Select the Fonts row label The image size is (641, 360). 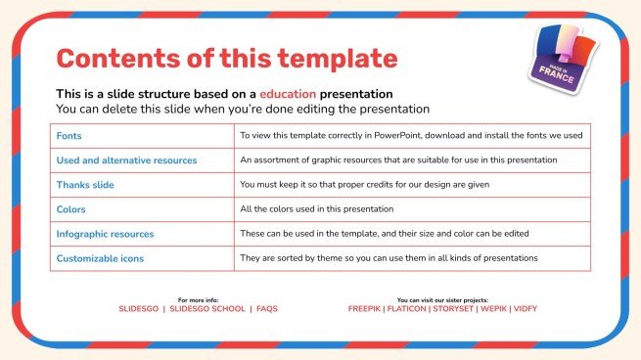(x=69, y=136)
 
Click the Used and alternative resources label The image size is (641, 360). (x=127, y=160)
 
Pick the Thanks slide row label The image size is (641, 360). (x=87, y=185)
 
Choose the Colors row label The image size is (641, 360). (x=72, y=209)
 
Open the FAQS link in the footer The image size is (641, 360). (x=267, y=309)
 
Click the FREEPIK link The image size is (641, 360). (x=367, y=309)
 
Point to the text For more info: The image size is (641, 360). (x=198, y=299)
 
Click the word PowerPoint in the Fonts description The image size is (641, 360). (x=399, y=136)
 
